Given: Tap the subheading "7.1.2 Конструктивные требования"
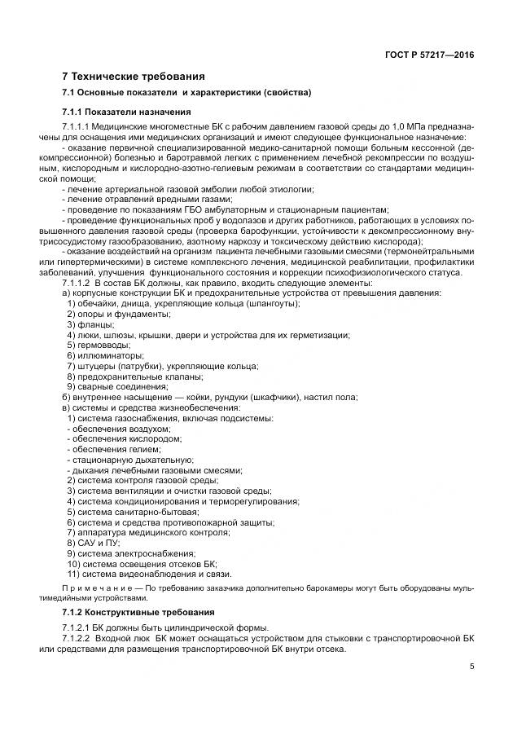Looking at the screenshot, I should coord(138,611).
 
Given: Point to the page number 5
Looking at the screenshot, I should coord(472,667).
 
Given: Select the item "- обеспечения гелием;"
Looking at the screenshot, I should coord(111,449).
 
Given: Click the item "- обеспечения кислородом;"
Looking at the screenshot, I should coord(121,438).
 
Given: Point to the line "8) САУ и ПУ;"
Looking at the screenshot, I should coord(94,543).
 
